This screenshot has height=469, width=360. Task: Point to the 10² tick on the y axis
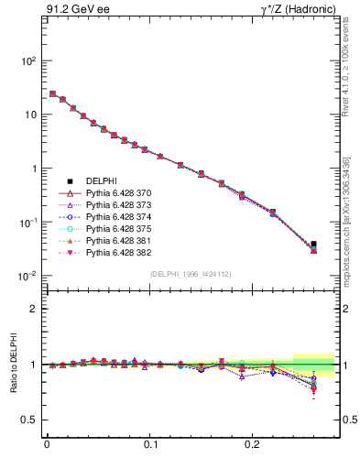click(x=28, y=61)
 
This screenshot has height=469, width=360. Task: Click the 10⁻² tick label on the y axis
click(x=28, y=277)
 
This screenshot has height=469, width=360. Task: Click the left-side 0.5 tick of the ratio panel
click(x=29, y=420)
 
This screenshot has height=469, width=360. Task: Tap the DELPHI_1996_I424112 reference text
click(x=190, y=274)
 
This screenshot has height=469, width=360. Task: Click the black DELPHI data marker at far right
click(x=313, y=245)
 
